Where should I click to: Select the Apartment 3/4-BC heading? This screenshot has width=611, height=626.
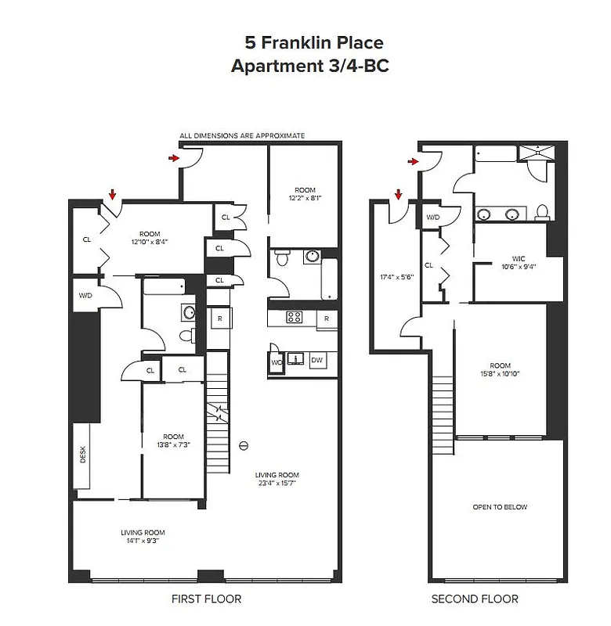(x=309, y=67)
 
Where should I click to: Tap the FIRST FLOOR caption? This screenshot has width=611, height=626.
(x=206, y=599)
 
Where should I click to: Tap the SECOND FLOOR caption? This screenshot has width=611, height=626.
(x=475, y=599)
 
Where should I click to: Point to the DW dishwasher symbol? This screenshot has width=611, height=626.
(x=316, y=360)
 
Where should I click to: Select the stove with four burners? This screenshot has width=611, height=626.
(x=295, y=318)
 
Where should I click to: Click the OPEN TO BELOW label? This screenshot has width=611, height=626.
(x=500, y=507)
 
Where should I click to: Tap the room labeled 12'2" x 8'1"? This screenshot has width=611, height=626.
(x=305, y=194)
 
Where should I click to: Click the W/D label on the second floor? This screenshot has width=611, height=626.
(x=432, y=218)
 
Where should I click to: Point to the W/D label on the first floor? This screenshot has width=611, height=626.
(x=86, y=296)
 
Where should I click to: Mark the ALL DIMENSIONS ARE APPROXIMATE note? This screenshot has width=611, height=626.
(x=242, y=136)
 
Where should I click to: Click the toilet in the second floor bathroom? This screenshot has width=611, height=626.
(x=541, y=212)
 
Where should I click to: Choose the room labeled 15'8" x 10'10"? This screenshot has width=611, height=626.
(x=500, y=369)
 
